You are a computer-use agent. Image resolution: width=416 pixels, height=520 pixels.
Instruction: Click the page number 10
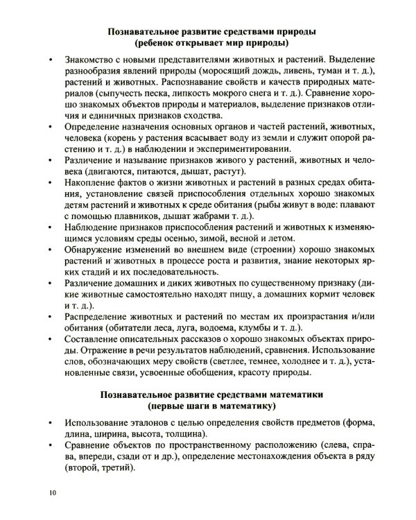[x=53, y=493]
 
